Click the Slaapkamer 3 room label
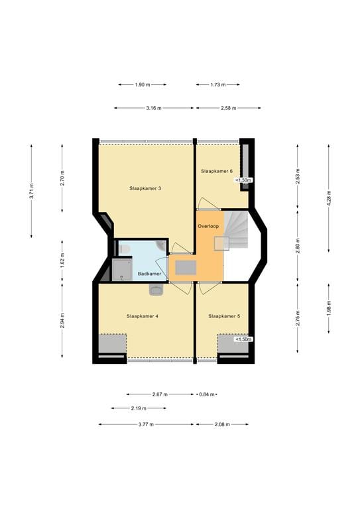pos(145,188)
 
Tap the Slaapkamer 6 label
pos(217,171)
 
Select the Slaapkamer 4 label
pos(142,316)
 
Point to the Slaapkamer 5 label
pos(224,316)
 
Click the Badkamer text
pos(149,274)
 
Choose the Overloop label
pos(208,226)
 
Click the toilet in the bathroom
pos(124,249)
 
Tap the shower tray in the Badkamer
pos(122,270)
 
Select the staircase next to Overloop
pos(236,229)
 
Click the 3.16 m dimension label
pos(154,108)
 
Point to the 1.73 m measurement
pos(218,85)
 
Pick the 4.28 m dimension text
pos(329,198)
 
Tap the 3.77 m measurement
pos(146,424)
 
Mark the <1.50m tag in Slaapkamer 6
pos(243,180)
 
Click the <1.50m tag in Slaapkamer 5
pos(243,339)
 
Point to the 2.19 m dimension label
pos(139,408)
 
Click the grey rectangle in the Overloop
pos(186,268)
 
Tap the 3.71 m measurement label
pos(31,191)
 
